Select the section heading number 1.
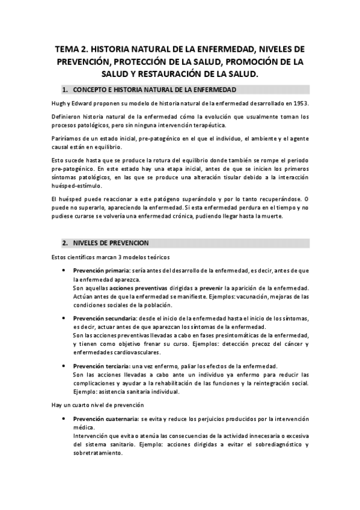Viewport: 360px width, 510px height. tap(66, 90)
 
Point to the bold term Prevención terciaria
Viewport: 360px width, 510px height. tap(97, 366)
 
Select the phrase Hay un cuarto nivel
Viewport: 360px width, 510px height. tap(82, 406)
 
